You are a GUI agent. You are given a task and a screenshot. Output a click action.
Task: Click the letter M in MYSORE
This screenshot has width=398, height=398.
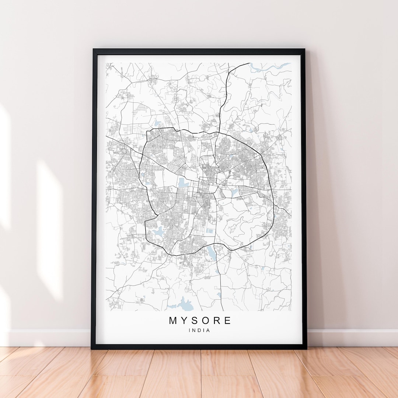click(x=173, y=321)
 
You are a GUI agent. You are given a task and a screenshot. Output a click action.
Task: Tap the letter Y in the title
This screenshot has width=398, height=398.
click(x=185, y=321)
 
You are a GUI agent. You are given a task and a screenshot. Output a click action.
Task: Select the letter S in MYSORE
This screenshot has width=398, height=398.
click(x=196, y=321)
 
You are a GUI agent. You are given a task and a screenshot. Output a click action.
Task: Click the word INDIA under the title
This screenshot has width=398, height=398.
click(x=199, y=331)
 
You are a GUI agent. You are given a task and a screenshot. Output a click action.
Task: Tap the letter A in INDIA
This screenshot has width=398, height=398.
click(x=209, y=331)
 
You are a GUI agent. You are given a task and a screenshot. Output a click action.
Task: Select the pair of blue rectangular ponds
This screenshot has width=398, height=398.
click(x=209, y=231)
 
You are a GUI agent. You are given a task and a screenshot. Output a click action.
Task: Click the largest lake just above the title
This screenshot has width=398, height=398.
click(x=185, y=304)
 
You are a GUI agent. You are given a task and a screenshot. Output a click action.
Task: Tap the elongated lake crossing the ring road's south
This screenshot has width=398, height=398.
click(x=211, y=252)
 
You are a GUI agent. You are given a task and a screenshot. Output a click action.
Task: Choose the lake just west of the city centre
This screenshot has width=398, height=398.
click(x=182, y=182)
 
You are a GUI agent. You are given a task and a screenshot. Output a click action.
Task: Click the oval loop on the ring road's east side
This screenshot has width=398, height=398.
click(x=272, y=213)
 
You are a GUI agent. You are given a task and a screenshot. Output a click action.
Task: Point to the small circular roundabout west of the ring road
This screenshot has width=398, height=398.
click(x=124, y=150)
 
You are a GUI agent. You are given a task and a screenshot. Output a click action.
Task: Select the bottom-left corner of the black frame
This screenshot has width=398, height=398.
click(x=92, y=348)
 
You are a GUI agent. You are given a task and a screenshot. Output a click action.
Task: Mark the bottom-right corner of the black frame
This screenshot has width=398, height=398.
click(x=306, y=348)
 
